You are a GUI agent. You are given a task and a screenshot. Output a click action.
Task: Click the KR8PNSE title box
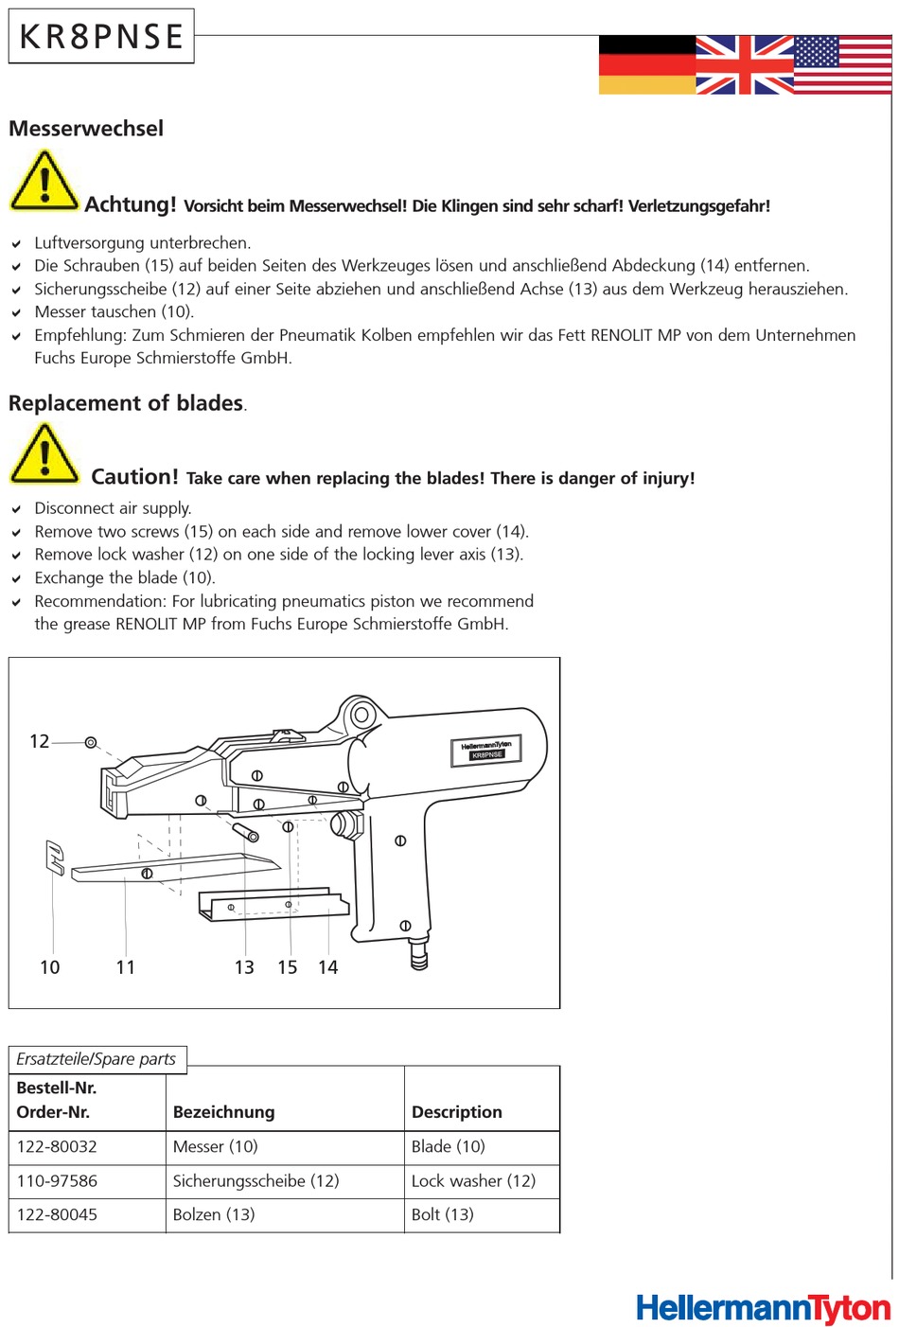[101, 37]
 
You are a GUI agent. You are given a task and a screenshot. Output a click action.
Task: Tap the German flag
[647, 65]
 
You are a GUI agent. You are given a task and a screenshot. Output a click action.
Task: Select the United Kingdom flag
[745, 65]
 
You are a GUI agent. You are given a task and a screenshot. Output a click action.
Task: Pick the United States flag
[842, 65]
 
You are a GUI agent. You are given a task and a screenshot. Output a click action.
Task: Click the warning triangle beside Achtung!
[44, 183]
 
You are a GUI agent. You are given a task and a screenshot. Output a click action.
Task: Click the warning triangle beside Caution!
[44, 455]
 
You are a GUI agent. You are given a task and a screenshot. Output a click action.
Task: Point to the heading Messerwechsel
[86, 129]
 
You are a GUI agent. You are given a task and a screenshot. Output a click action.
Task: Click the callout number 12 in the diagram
[40, 741]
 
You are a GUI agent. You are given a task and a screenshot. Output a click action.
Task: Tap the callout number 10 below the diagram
[50, 967]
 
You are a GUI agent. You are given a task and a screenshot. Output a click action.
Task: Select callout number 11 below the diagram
[126, 967]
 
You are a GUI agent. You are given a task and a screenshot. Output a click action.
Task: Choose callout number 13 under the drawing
[244, 967]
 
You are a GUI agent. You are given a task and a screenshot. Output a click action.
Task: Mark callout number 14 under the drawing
[328, 967]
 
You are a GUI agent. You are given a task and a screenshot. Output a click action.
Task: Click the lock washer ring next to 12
[91, 743]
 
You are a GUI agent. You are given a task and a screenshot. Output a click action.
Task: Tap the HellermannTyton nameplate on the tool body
[485, 750]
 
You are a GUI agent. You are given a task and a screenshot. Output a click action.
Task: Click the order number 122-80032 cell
[58, 1147]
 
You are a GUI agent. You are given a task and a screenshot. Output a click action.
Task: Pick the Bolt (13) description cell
[443, 1215]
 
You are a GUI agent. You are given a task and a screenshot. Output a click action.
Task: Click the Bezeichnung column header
[224, 1112]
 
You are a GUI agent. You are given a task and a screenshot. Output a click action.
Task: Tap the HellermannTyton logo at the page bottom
[763, 1308]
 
